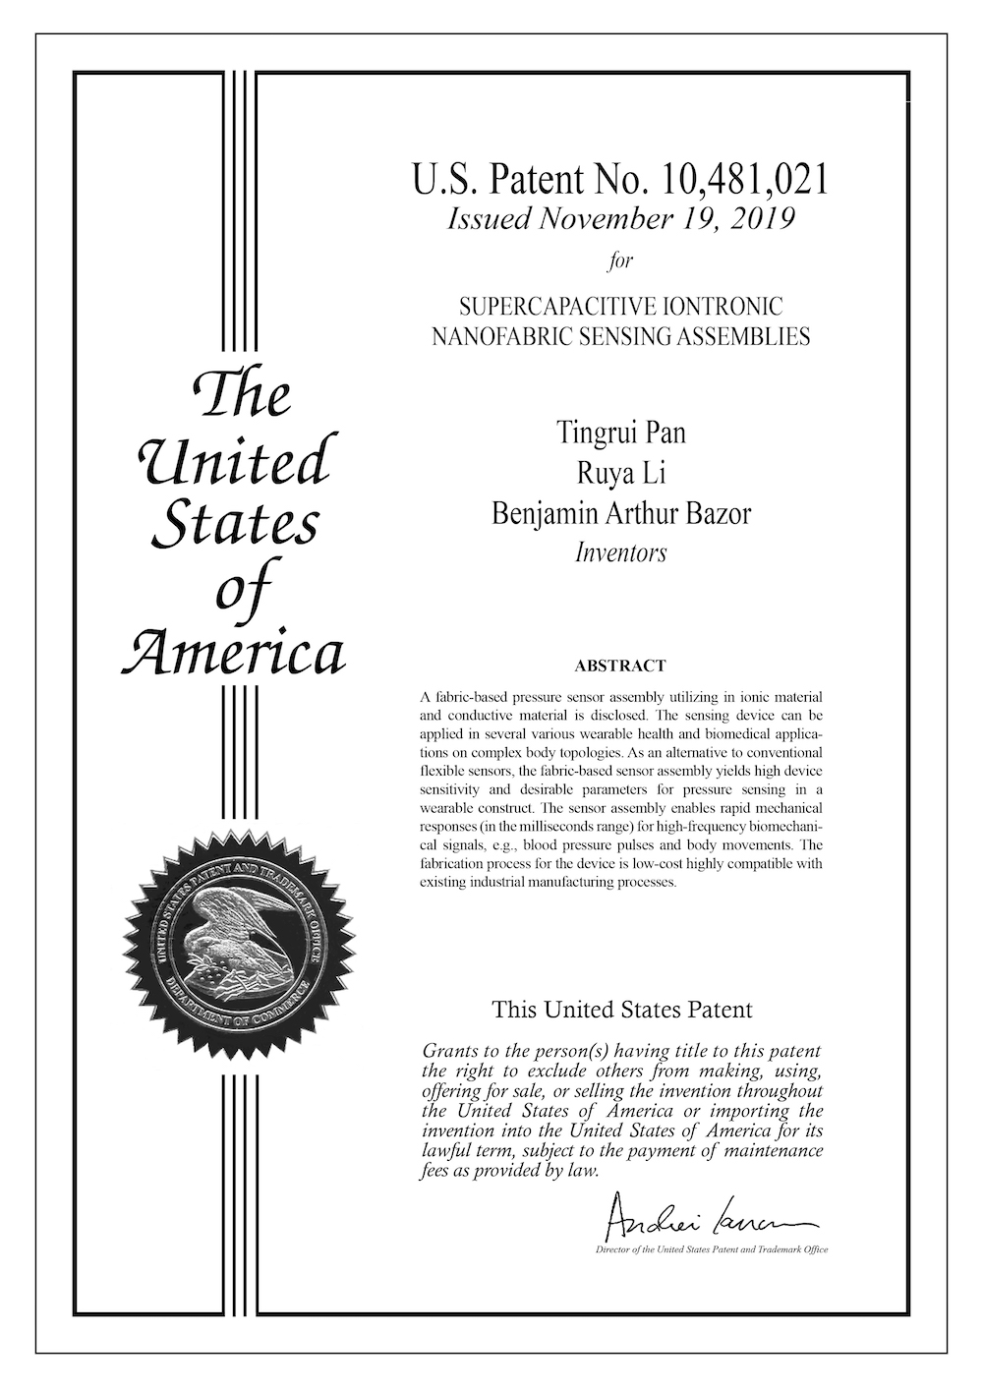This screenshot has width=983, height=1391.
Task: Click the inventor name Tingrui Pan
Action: coord(620,433)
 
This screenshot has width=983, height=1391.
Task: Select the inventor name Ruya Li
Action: coord(620,473)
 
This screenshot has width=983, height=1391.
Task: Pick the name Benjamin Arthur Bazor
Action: coord(620,513)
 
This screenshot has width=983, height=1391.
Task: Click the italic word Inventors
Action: coord(620,552)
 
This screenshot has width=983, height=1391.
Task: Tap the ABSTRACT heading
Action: coord(620,666)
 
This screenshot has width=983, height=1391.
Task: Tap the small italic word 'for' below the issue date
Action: coord(620,261)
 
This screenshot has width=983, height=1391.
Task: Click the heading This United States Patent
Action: coord(621,1009)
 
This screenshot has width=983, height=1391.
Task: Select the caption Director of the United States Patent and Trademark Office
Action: coord(712,1250)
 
